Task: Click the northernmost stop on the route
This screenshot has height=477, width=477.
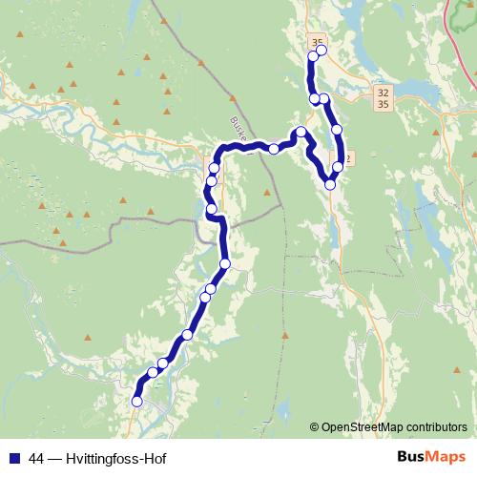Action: pos(321,51)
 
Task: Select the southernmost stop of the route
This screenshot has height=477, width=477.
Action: pos(136,402)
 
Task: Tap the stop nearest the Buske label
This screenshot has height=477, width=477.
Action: pos(274,148)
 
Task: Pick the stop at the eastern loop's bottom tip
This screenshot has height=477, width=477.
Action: pos(330,184)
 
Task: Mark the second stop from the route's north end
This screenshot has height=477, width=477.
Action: pos(313,57)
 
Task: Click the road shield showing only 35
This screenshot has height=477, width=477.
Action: pos(317,42)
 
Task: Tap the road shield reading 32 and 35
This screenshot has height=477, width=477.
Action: pos(383,97)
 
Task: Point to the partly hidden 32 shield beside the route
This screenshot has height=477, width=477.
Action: pos(348,158)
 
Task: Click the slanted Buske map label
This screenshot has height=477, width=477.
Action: pos(238,128)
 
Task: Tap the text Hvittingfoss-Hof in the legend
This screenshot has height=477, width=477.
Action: pos(117,458)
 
